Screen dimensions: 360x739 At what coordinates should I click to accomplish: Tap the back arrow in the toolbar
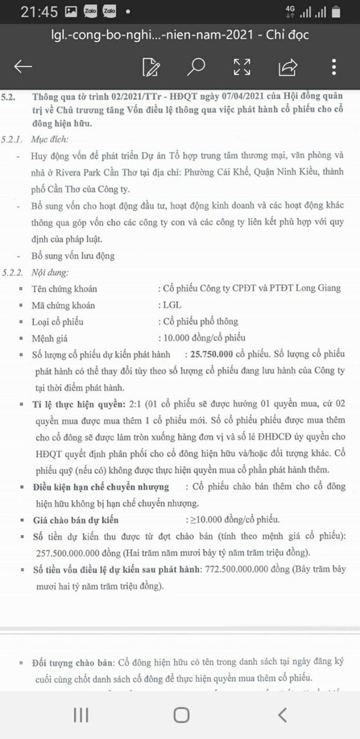(23, 67)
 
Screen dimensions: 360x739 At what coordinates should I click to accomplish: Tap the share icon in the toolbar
(288, 67)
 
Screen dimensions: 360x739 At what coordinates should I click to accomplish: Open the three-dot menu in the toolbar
(333, 67)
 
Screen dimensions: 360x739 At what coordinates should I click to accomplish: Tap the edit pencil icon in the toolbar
(150, 67)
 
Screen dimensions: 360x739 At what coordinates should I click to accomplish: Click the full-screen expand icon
(242, 67)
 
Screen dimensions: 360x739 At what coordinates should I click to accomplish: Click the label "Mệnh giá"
(49, 337)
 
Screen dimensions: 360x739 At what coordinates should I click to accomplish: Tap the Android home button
(180, 714)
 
